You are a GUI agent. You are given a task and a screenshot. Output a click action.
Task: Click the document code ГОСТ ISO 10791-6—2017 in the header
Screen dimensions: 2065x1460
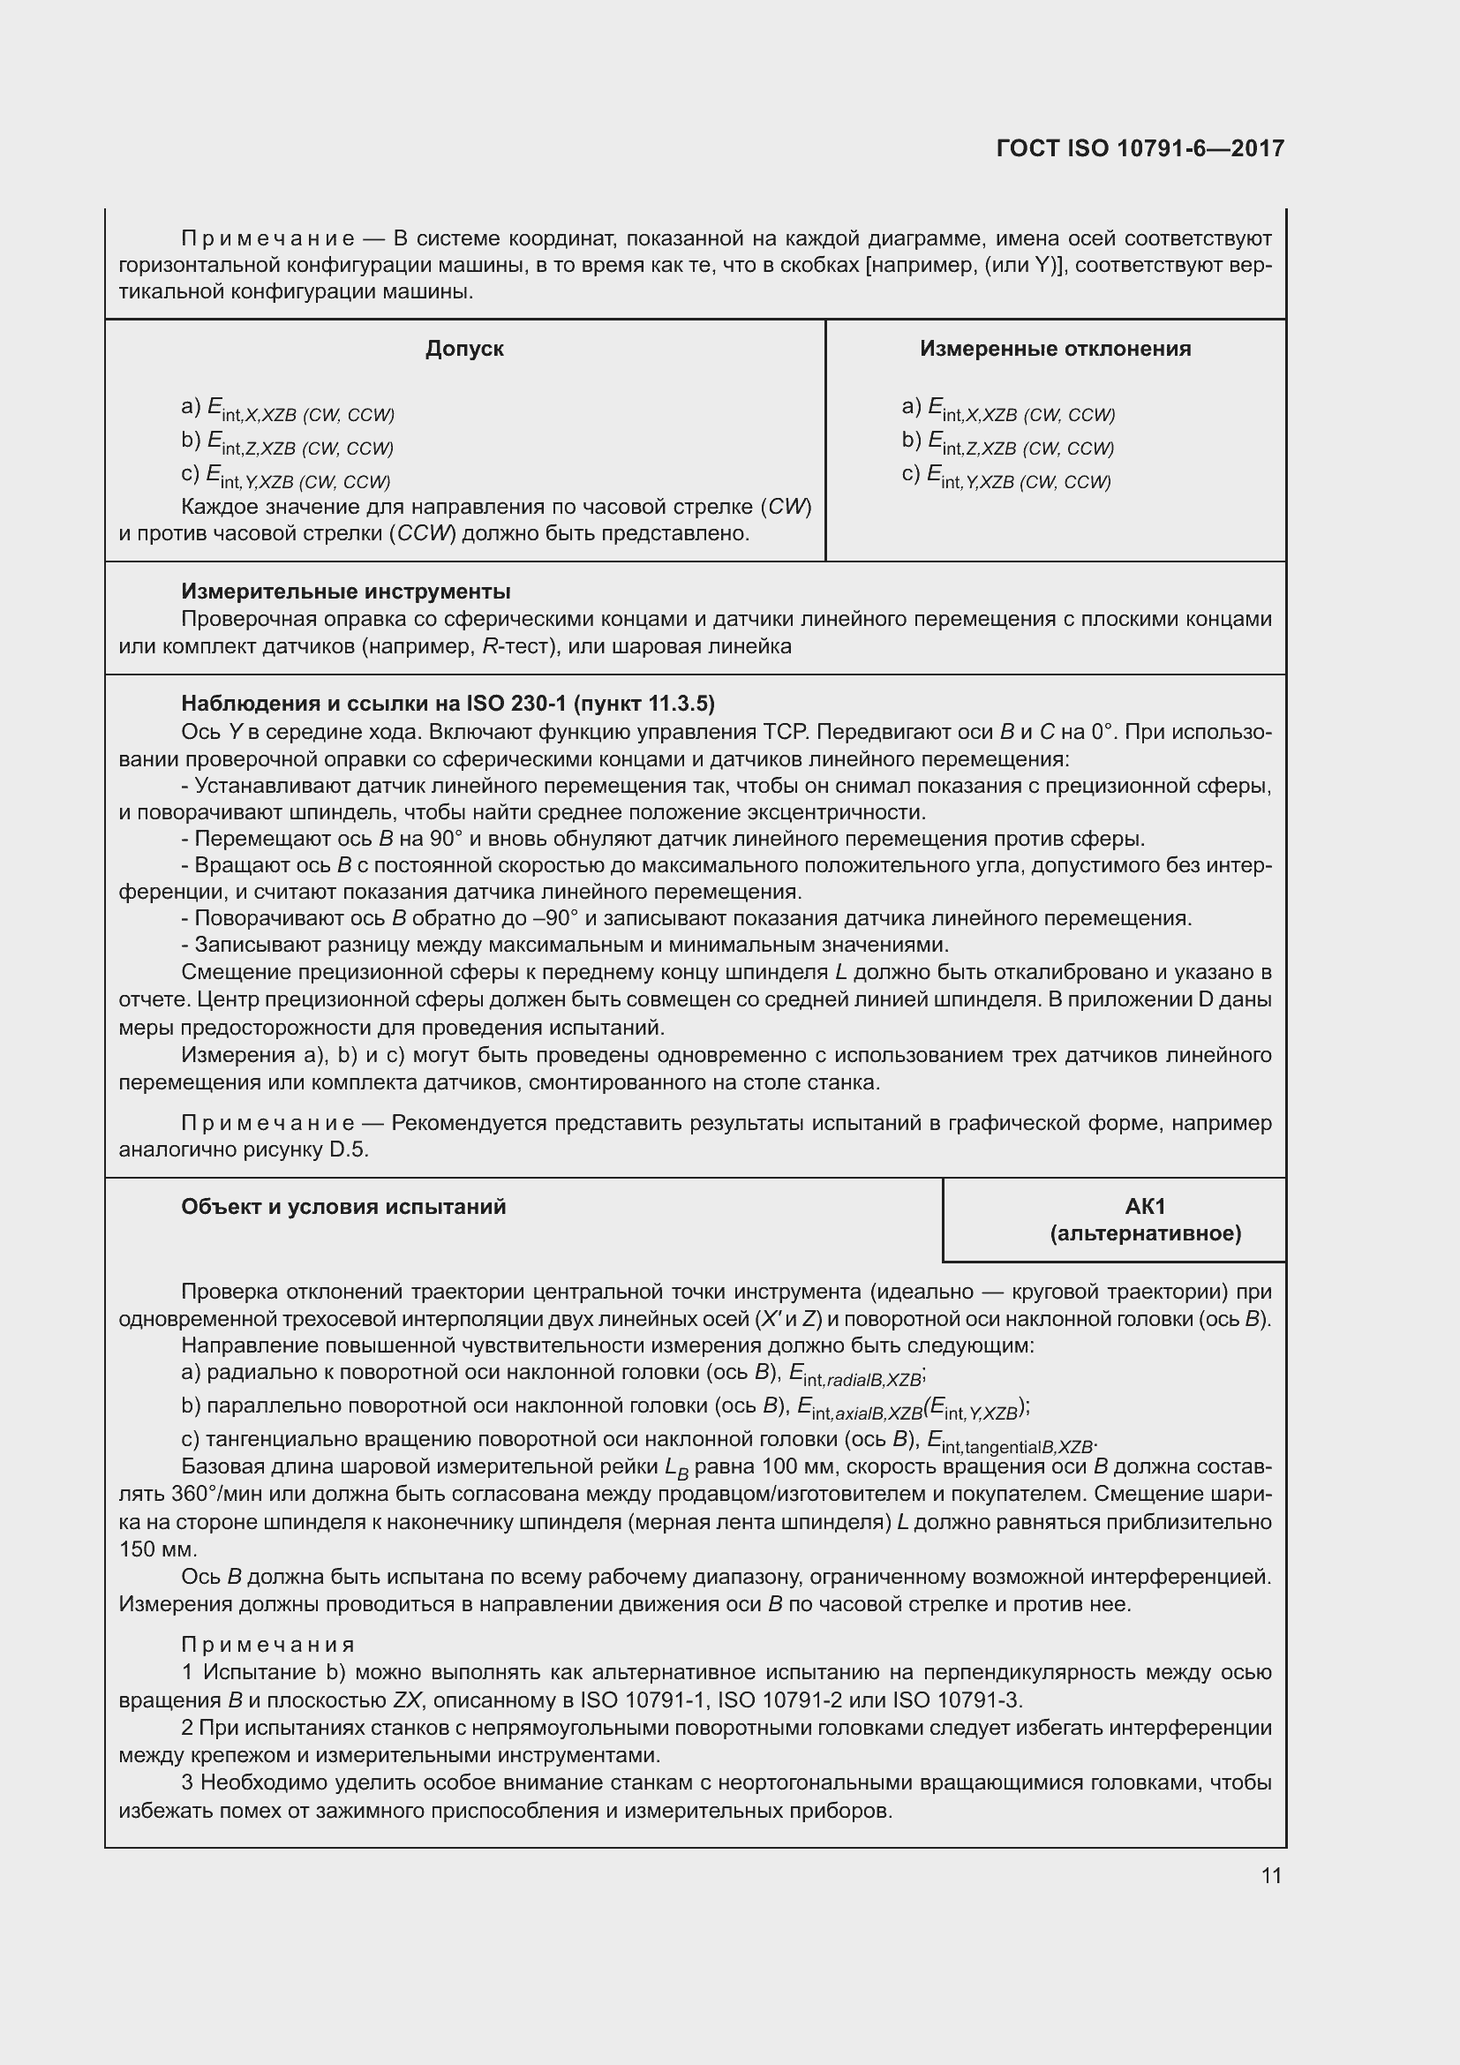[1140, 148]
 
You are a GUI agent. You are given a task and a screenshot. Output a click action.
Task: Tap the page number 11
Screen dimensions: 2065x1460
[1270, 1875]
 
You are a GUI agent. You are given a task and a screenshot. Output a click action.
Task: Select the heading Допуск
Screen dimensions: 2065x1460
[464, 349]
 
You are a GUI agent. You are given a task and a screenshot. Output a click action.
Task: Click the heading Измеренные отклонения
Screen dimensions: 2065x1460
[1055, 349]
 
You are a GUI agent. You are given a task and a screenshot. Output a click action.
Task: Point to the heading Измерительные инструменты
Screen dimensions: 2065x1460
[345, 591]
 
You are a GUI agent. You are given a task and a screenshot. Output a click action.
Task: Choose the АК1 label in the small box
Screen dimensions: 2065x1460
[1145, 1206]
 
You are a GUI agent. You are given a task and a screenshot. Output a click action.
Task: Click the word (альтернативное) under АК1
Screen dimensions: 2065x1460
[1145, 1233]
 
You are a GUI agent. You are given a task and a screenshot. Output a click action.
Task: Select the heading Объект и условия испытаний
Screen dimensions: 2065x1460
[343, 1207]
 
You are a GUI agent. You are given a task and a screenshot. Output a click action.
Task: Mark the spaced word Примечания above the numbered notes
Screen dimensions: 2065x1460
[268, 1645]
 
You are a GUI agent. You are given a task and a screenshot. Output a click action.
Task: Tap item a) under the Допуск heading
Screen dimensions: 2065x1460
[288, 410]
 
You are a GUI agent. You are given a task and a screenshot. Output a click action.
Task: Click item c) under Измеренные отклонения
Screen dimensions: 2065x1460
[1007, 477]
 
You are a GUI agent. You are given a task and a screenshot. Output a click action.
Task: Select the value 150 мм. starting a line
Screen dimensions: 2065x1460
[157, 1549]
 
